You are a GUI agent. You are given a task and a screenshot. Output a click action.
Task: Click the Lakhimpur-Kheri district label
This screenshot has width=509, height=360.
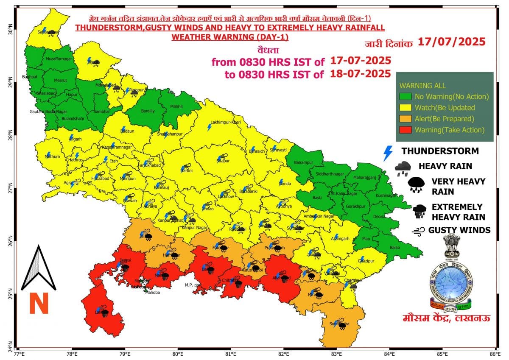[x=226, y=122]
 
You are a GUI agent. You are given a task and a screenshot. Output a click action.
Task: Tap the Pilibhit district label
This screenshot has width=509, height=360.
[x=176, y=106]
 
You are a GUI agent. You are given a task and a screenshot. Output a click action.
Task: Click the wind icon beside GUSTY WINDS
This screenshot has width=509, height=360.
[x=418, y=231]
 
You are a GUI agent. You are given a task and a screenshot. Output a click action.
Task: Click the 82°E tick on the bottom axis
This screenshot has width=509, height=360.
[x=283, y=352]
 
